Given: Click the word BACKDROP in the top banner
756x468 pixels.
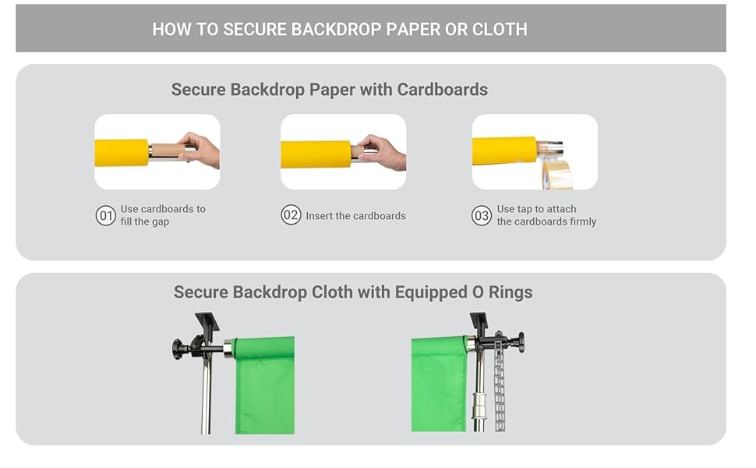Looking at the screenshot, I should tap(333, 30).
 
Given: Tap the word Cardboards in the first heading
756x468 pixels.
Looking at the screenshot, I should tap(443, 90).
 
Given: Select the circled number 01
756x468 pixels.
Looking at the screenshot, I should tap(105, 215).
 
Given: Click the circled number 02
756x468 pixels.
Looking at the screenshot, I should tap(291, 215).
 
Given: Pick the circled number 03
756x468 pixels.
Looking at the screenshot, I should tap(482, 215).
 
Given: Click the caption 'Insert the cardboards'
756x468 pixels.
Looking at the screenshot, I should tap(355, 216).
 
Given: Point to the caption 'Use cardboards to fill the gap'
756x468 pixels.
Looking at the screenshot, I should tap(162, 215).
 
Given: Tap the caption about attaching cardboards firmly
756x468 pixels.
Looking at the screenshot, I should tap(546, 215).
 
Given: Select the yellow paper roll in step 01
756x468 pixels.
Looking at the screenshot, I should tap(122, 152).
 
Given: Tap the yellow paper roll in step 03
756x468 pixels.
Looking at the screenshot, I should tap(504, 151).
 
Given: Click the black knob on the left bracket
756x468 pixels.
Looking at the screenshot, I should tap(178, 349).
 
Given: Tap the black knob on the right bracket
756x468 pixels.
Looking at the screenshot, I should tap(518, 342).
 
